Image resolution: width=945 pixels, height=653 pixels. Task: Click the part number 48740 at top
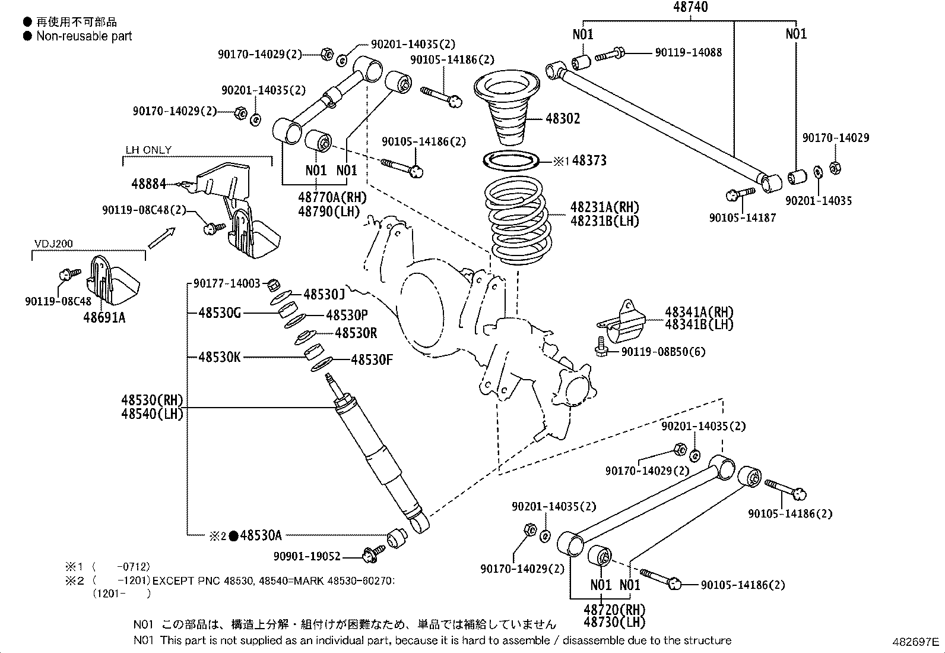pos(690,7)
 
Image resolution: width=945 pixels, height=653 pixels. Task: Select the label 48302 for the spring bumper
pos(562,118)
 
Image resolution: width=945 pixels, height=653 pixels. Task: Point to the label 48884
pos(148,184)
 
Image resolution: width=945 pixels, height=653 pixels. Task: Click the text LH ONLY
pos(148,150)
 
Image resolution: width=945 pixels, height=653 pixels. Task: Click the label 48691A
pos(104,318)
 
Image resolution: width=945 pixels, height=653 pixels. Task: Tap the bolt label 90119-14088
pos(688,53)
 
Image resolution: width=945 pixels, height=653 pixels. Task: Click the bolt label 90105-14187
pos(743,217)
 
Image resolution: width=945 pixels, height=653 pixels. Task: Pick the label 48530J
pos(324,294)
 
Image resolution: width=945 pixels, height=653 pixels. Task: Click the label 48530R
pos(356,333)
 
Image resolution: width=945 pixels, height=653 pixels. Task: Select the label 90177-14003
pos(227,284)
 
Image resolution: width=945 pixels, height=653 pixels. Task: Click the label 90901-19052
pos(307,556)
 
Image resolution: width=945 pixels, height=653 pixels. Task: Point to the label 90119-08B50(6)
pos(663,352)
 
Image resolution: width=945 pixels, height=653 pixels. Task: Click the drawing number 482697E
pos(915,642)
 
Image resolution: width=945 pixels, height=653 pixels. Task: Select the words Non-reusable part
pos(84,36)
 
